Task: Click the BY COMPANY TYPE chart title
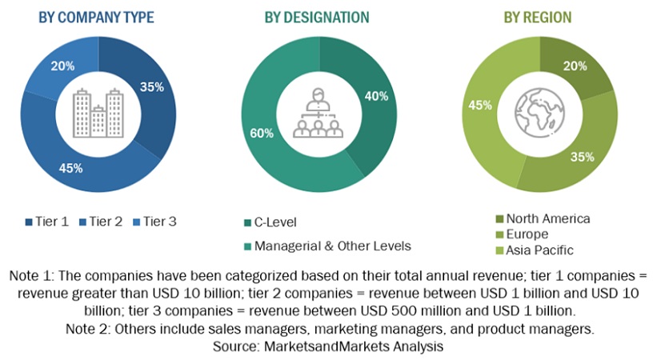96,17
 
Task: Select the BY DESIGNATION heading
317,17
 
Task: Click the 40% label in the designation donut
377,96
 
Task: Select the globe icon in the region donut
539,113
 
